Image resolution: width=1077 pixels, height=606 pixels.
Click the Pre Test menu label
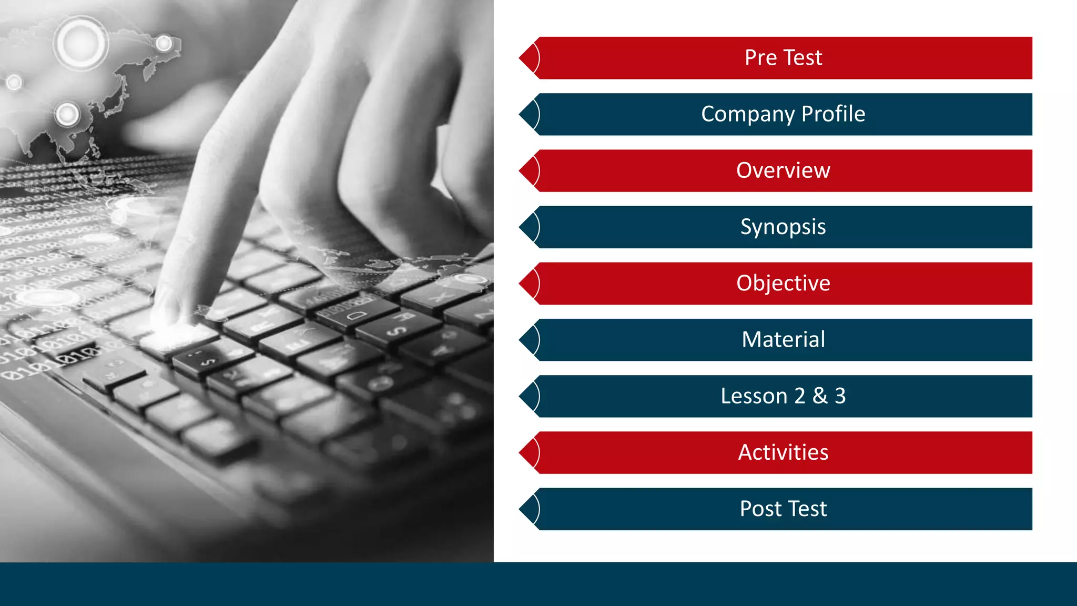[783, 58]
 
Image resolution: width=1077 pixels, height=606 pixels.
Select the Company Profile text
[783, 114]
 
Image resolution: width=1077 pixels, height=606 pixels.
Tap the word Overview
[783, 170]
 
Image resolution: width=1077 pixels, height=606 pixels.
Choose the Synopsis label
[783, 227]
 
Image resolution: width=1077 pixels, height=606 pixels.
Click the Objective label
[783, 284]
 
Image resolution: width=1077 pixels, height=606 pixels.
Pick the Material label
[783, 340]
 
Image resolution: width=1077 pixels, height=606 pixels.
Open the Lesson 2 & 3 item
[783, 396]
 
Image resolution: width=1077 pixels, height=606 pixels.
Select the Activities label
[783, 452]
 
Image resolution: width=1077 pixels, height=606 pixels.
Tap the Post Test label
[783, 509]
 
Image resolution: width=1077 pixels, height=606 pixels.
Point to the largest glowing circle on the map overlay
[80, 43]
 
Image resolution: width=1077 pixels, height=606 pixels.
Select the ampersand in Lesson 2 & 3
[820, 396]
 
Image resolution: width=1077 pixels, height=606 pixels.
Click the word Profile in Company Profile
[833, 114]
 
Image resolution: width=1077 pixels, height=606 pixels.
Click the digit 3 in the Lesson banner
[840, 396]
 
